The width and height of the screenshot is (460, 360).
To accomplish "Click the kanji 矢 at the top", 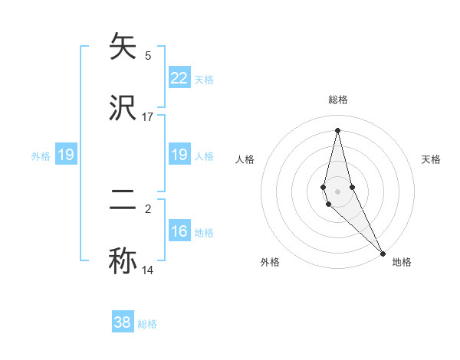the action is [x=123, y=47].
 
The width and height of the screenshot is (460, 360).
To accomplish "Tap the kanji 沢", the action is [x=123, y=108].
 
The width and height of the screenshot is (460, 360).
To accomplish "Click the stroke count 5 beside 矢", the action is [x=148, y=55].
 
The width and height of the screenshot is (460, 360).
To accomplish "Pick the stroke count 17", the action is [x=148, y=116].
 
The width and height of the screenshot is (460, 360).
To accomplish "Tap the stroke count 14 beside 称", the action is [x=148, y=270].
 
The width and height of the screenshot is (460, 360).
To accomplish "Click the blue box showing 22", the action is [x=179, y=78].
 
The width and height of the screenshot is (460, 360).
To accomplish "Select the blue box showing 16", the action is [x=179, y=232].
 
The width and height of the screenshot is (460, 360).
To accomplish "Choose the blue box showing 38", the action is [x=123, y=322].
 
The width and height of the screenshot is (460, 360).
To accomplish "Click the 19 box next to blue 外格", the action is [x=66, y=155].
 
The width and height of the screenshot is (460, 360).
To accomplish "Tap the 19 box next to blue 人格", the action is [x=179, y=155].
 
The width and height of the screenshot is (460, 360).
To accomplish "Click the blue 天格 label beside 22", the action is [x=204, y=79].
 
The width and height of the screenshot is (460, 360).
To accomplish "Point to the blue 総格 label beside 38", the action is [x=147, y=324].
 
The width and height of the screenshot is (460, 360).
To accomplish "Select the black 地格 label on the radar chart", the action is [x=402, y=262].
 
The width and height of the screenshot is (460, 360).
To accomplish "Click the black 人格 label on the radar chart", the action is [x=245, y=159].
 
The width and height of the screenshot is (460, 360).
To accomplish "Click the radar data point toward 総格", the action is [x=337, y=129].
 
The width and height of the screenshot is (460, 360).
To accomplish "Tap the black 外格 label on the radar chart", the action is [x=270, y=262].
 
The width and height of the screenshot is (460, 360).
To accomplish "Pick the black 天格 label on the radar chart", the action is [x=431, y=159].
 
